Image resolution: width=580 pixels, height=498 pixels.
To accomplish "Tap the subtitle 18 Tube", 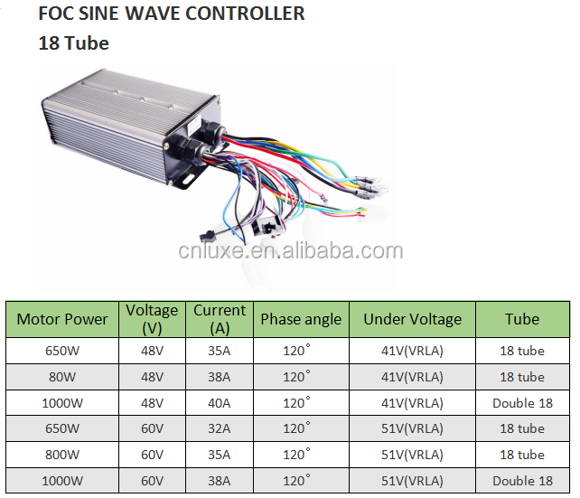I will coord(73,42).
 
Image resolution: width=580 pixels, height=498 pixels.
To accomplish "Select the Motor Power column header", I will coord(62,319).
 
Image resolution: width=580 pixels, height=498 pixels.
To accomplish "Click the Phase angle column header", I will coord(301,319).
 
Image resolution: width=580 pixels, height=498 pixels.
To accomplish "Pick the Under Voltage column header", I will coord(412,319).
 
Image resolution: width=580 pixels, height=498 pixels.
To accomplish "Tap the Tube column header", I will coord(522,319).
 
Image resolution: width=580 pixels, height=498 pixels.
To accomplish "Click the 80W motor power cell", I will coord(62,377).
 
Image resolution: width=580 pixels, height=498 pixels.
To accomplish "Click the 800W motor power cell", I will coord(62,455).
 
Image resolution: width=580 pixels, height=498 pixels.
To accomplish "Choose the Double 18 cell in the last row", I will coord(522,481).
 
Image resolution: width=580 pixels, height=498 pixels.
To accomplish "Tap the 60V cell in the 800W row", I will coord(152,455).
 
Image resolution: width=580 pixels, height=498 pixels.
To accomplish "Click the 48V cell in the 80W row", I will coord(152,377).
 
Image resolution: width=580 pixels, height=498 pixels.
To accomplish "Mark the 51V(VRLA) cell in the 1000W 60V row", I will coord(412,481).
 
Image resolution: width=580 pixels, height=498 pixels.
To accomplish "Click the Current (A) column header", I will coord(220,319).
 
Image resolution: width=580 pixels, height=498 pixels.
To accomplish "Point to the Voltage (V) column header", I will coord(152,319).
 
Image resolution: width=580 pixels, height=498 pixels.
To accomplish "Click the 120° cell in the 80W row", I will coord(297,377).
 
